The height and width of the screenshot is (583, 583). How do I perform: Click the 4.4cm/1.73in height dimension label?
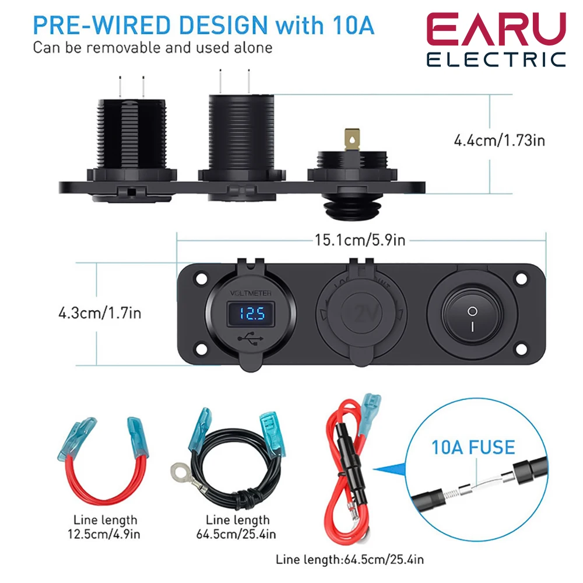tap(499, 140)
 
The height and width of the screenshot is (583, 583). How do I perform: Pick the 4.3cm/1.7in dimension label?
tap(100, 312)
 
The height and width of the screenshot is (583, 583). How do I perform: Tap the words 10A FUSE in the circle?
tap(473, 448)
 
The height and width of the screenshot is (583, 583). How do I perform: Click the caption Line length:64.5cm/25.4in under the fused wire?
tap(350, 560)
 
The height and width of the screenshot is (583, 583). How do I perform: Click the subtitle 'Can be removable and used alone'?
tap(152, 47)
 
